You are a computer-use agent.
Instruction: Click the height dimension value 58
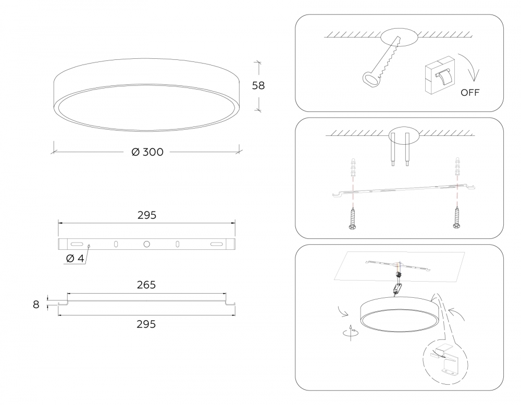(x=258, y=86)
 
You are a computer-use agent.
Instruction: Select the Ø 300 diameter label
(x=147, y=152)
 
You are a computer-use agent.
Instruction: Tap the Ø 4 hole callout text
(x=75, y=258)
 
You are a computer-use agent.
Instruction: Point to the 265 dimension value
(x=146, y=285)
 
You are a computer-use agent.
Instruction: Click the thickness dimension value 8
(x=36, y=305)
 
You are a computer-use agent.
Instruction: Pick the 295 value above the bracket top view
(x=147, y=215)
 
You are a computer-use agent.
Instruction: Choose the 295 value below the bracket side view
(x=146, y=324)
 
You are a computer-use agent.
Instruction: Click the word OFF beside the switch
(x=470, y=93)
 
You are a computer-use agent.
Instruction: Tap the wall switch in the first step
(x=440, y=75)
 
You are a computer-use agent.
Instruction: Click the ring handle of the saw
(x=370, y=79)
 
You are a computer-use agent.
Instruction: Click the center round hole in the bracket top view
(x=146, y=244)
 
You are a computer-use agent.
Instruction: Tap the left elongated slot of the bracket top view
(x=77, y=244)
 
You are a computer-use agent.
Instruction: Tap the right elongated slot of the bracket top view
(x=217, y=244)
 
